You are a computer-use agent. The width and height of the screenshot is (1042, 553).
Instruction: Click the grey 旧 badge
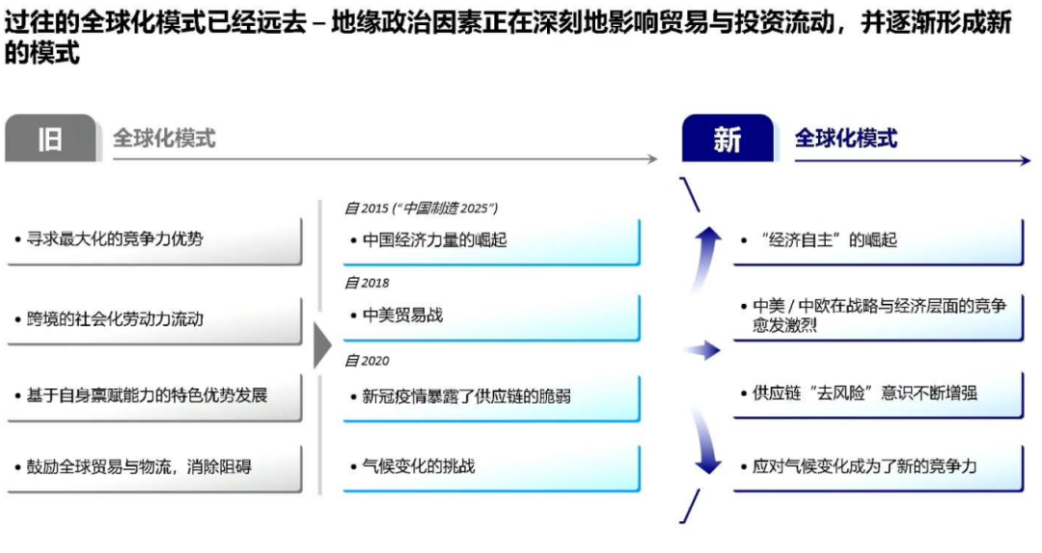(51, 138)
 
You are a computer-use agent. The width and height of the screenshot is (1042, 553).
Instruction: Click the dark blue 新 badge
(727, 138)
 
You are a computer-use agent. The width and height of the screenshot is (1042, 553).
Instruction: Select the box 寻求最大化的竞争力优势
(154, 240)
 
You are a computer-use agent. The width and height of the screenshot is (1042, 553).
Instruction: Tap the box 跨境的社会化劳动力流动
(154, 320)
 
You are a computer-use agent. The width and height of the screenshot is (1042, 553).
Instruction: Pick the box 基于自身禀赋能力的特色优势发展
(154, 397)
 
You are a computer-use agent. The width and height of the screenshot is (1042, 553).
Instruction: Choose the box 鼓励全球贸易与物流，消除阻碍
(154, 468)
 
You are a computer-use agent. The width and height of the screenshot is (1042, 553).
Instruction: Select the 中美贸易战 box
(492, 318)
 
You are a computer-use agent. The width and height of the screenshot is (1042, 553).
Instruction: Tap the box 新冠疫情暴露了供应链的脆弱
(492, 399)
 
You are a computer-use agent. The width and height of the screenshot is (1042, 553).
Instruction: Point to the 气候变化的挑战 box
(492, 468)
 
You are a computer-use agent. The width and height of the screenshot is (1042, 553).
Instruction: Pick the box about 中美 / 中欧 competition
(879, 318)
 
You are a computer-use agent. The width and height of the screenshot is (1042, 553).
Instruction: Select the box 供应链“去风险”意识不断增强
(879, 395)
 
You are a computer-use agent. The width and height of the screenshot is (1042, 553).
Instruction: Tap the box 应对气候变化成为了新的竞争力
(879, 468)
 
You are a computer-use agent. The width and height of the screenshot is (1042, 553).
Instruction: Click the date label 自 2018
(367, 283)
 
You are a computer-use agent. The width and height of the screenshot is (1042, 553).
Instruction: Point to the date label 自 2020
(367, 361)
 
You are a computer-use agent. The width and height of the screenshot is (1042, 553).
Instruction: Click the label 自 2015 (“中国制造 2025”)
(422, 208)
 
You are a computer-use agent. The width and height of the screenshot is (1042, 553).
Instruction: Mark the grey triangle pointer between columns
(321, 346)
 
